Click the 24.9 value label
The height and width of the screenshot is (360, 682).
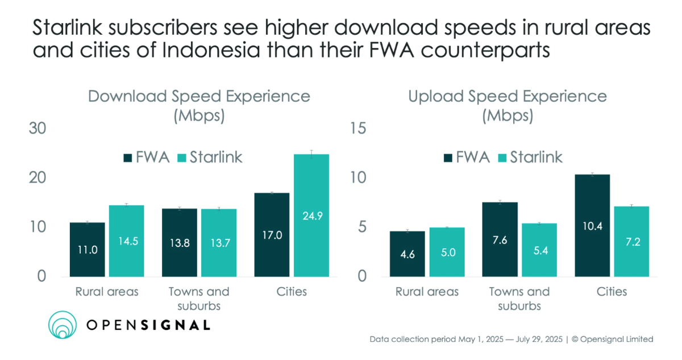click(x=311, y=216)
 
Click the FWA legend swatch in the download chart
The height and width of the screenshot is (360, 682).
click(x=126, y=157)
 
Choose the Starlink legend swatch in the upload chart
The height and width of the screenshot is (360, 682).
click(x=502, y=157)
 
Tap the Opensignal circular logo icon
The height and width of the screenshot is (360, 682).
click(x=63, y=325)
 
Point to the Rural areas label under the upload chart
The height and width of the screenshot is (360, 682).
click(x=427, y=292)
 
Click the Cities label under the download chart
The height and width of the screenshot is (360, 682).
click(x=292, y=292)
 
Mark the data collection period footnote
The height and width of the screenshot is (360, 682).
click(x=511, y=340)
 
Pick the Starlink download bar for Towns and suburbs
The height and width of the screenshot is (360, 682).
click(x=219, y=242)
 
